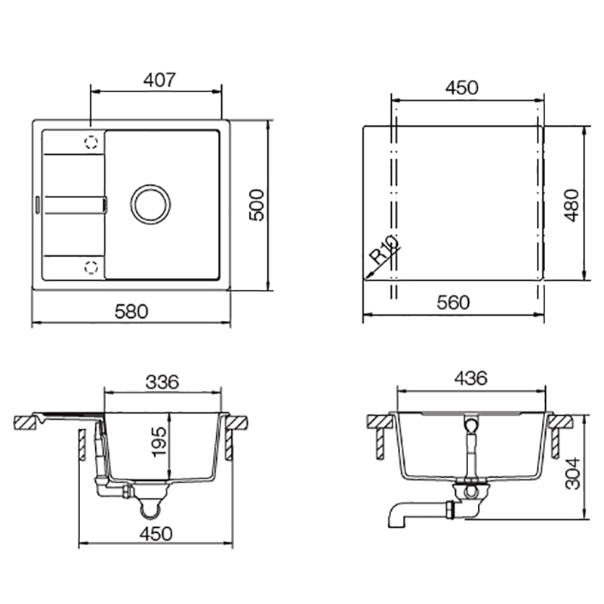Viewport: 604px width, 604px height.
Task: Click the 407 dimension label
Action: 159,80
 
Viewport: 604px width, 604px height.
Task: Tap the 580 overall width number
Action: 131,311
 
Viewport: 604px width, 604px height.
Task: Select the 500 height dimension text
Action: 257,205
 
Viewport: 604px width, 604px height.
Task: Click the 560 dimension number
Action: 453,303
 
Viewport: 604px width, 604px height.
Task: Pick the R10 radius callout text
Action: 384,249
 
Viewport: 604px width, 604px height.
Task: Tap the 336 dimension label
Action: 162,382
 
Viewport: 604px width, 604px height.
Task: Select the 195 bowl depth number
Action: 159,442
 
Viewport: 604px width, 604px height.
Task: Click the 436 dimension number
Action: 470,378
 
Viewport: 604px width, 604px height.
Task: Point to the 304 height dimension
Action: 572,473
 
